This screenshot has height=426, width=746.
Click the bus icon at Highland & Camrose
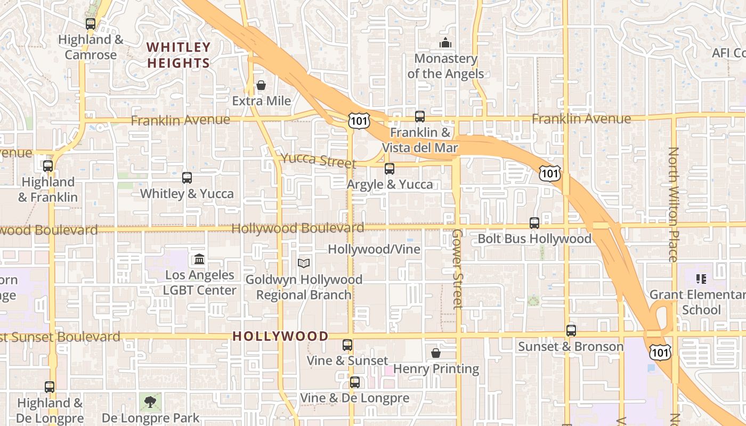pos(90,24)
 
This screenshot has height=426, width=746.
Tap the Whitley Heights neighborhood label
pos(179,55)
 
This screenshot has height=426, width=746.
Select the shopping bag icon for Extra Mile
pos(261,85)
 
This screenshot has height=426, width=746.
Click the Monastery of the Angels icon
pos(445,43)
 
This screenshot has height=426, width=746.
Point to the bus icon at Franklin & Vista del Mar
pos(420,116)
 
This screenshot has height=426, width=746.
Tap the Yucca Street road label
pos(318,160)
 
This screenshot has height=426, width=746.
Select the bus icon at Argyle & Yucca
pos(390,169)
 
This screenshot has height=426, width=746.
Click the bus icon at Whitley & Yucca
pos(186,178)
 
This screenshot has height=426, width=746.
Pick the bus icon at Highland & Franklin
pos(48,166)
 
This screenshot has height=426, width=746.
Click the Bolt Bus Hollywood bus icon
pos(534,223)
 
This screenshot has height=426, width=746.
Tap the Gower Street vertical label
pos(457,269)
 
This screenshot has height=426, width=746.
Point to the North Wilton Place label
pos(673,204)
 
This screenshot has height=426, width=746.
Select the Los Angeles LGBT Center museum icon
pos(199,259)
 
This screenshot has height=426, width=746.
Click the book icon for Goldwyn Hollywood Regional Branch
pos(304,263)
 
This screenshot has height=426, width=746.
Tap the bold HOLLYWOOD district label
pos(280,336)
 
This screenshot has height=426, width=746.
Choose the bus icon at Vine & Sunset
pos(347,345)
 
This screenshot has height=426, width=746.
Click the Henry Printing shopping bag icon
pos(435,353)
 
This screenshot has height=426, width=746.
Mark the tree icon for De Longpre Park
pos(150,402)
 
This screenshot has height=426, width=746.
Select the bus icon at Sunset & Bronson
pos(571,331)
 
